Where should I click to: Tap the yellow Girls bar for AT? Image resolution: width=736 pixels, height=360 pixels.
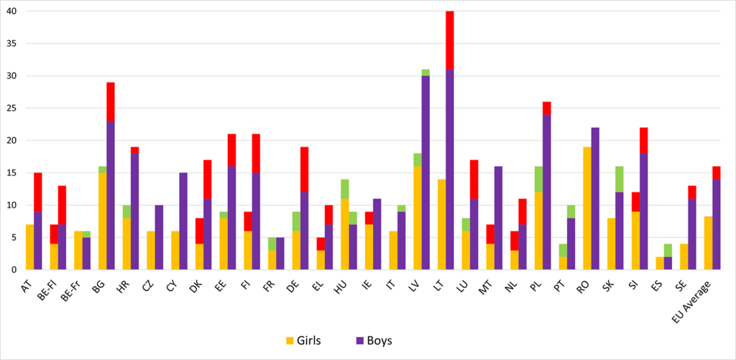tap(29, 247)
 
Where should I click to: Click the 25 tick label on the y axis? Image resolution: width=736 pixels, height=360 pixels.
tap(12, 109)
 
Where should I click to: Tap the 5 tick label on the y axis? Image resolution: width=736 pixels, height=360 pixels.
tap(15, 238)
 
